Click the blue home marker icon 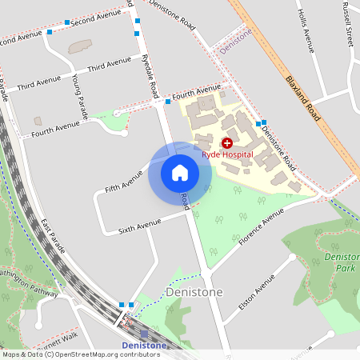click(180, 173)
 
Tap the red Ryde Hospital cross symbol click(226, 142)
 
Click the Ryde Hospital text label click(227, 154)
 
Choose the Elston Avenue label click(256, 294)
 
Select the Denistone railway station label click(144, 345)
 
